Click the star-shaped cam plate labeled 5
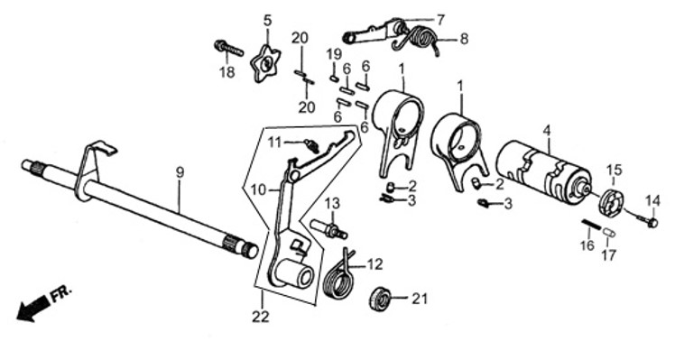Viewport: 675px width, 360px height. point(265,65)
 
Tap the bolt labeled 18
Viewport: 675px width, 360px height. point(228,48)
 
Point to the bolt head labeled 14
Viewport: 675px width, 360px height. point(652,223)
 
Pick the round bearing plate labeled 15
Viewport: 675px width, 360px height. point(611,200)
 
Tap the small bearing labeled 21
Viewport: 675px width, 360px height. point(381,298)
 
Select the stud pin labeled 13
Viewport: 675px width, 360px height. point(328,229)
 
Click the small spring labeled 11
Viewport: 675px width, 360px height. point(312,145)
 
